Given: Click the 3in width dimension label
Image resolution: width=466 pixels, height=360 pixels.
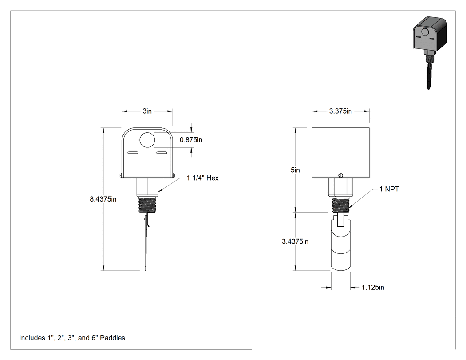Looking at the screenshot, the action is pyautogui.click(x=147, y=111).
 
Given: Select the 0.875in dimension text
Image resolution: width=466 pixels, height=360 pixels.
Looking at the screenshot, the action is pyautogui.click(x=191, y=140).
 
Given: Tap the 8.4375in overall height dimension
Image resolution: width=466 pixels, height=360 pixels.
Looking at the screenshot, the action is pyautogui.click(x=103, y=199).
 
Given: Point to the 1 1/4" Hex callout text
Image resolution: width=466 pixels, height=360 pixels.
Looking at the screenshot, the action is pyautogui.click(x=203, y=178).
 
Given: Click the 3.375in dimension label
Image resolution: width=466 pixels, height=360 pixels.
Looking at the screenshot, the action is pyautogui.click(x=340, y=111).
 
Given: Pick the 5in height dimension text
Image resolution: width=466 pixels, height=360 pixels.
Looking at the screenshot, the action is pyautogui.click(x=295, y=170).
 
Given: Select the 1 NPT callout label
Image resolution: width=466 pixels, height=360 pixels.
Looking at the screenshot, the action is pyautogui.click(x=389, y=189).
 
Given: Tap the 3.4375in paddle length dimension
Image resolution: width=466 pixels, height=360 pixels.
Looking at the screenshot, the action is pyautogui.click(x=295, y=241).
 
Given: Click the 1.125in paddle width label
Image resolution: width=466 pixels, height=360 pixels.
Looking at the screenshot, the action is pyautogui.click(x=373, y=288).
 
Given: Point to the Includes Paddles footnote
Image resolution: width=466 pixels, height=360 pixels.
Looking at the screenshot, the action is pyautogui.click(x=72, y=338).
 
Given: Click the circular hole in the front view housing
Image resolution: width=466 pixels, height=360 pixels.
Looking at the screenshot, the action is pyautogui.click(x=147, y=140).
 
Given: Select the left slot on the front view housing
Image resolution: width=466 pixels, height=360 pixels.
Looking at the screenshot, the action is pyautogui.click(x=133, y=153).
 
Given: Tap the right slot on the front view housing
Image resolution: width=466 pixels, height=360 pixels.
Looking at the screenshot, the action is pyautogui.click(x=162, y=153).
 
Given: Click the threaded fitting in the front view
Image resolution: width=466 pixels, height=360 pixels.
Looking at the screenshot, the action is pyautogui.click(x=147, y=205).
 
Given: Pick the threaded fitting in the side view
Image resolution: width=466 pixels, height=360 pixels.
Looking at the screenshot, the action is pyautogui.click(x=340, y=205).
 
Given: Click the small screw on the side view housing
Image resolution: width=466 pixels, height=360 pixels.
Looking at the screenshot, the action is pyautogui.click(x=340, y=175).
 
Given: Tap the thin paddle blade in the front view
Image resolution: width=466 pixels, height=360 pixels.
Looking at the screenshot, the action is pyautogui.click(x=146, y=241).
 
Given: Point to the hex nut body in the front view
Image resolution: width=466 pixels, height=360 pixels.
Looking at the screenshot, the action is pyautogui.click(x=147, y=187).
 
